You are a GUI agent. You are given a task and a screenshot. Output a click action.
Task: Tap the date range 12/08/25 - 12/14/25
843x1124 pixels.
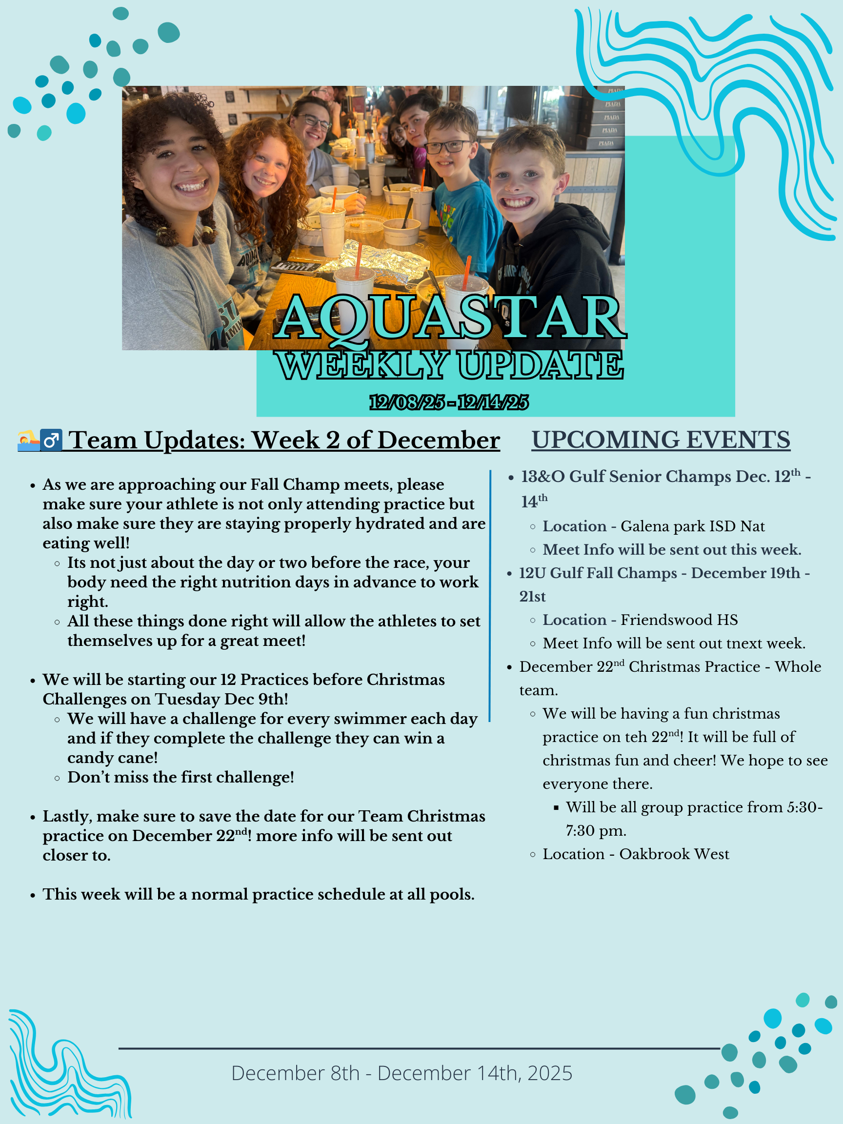(449, 402)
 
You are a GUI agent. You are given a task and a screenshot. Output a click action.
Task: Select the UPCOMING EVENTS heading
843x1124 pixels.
(661, 440)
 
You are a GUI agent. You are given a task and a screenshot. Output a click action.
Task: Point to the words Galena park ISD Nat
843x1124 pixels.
(693, 526)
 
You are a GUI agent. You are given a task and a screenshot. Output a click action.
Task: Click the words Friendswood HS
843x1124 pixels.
(680, 620)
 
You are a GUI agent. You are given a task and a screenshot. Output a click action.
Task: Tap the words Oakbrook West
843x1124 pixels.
(674, 854)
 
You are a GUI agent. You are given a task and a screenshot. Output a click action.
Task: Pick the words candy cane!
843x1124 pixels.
(112, 758)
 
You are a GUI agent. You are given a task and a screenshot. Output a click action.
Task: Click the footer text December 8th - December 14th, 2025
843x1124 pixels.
(402, 1073)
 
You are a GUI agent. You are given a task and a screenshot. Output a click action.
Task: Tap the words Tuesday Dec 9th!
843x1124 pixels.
(221, 699)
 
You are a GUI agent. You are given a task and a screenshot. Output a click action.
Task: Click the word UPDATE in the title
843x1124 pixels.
(540, 365)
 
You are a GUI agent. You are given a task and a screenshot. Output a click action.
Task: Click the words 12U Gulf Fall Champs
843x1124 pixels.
(598, 573)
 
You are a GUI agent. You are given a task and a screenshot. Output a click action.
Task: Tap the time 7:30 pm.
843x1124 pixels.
(596, 831)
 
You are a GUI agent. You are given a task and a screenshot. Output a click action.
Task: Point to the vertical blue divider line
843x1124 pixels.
(490, 596)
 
